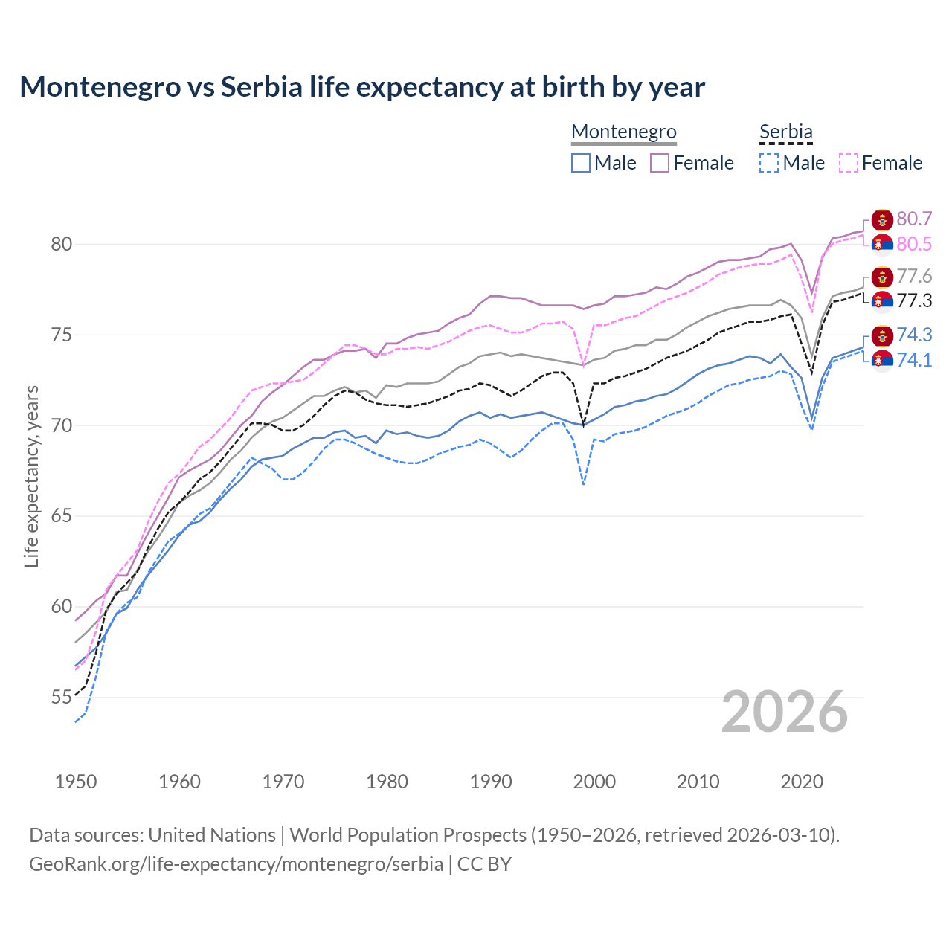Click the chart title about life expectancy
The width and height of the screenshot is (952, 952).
coord(362,87)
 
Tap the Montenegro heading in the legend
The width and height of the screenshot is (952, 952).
coord(623,132)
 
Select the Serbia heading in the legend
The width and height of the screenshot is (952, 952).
coord(785,132)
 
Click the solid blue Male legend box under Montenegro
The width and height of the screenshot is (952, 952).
coord(581,163)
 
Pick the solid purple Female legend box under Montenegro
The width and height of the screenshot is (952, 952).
coord(660,163)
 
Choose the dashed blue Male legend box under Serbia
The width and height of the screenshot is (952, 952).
coord(769,163)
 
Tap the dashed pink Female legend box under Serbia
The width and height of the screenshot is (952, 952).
coord(849,163)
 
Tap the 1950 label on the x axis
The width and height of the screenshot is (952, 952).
coord(76,782)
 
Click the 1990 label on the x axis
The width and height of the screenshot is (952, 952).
coord(491,782)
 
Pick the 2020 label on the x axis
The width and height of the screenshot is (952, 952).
coord(802,782)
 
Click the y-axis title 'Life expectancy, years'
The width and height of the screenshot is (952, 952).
coord(31,476)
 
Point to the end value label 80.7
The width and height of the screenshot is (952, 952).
coord(914,219)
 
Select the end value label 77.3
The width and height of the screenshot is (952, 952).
coord(914,300)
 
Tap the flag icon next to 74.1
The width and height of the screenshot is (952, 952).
coord(882,361)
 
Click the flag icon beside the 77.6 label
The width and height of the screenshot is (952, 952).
coord(882,277)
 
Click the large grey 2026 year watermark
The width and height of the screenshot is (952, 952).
coord(785,712)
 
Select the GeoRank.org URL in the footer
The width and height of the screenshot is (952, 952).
coord(236,864)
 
